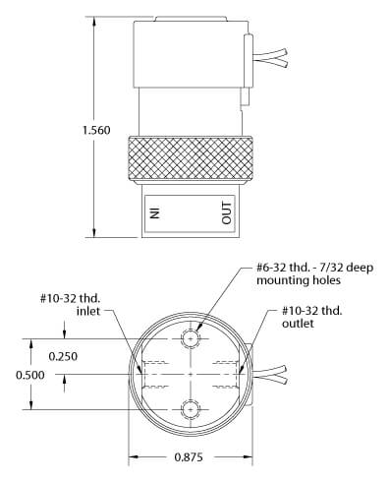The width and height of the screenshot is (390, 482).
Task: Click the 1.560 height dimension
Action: [96, 130]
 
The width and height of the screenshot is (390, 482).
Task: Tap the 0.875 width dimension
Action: [189, 456]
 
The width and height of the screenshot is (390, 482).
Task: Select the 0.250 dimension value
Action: [63, 356]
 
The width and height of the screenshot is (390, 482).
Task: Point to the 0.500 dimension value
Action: [30, 375]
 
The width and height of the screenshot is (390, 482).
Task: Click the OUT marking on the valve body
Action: [226, 213]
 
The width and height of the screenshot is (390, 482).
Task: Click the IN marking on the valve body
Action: [154, 213]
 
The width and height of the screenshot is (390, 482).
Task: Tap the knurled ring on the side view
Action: [191, 158]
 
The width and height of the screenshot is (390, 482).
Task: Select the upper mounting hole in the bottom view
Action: [191, 338]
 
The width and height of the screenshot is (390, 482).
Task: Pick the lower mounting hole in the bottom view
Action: [191, 409]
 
